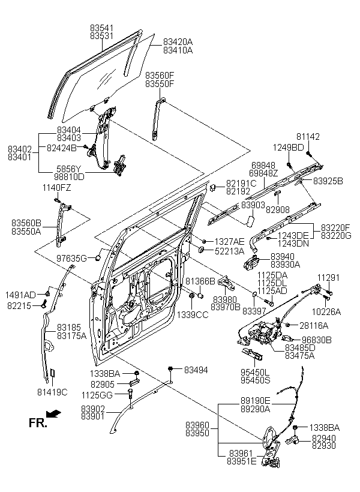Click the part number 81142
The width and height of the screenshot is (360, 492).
pos(309,137)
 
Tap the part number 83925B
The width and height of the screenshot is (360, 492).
pos(328,180)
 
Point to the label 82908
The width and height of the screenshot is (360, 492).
pos(278,210)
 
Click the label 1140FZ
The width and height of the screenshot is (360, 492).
pos(56,188)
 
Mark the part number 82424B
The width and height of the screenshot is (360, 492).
pos(62,147)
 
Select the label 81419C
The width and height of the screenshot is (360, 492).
pos(52,392)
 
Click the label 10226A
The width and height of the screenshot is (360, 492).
pos(325,311)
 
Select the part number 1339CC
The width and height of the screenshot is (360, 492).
pos(193,314)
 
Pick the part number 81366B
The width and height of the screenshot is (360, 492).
pos(200,281)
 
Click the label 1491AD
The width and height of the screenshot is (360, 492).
pos(22,295)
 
